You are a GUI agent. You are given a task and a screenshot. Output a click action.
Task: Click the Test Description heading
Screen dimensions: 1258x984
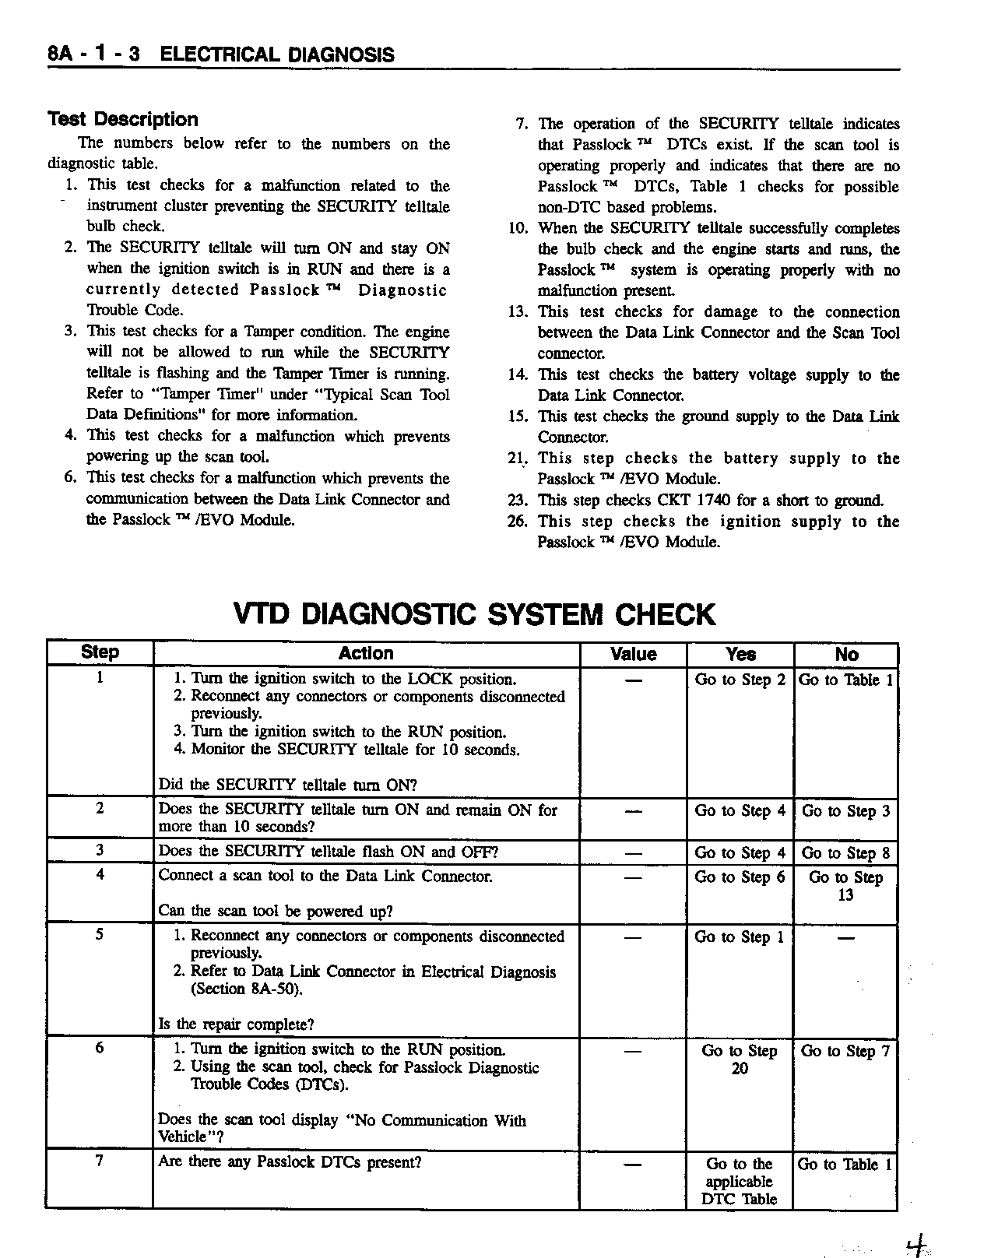[x=123, y=119]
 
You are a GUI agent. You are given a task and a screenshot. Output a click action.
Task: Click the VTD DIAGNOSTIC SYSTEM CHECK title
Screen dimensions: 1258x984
[x=473, y=614]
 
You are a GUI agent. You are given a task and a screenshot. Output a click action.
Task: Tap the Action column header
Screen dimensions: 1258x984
[x=366, y=654]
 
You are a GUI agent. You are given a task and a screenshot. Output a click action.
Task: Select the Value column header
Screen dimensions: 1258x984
[x=633, y=655]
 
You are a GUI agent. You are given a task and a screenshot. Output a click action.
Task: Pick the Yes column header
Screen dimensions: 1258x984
[x=740, y=655]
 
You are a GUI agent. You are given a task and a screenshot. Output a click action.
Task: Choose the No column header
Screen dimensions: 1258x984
[x=846, y=655]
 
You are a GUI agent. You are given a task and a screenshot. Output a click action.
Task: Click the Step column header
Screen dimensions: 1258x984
[x=100, y=652]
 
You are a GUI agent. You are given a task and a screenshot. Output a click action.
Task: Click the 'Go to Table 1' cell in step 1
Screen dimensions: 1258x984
[x=846, y=680]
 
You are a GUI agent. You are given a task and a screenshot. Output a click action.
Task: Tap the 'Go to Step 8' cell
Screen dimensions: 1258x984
[x=845, y=853]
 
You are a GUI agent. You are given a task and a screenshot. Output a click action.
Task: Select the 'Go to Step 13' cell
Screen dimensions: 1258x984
[x=845, y=886]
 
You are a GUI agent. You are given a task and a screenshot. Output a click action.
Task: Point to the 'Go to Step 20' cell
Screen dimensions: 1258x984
[x=740, y=1059]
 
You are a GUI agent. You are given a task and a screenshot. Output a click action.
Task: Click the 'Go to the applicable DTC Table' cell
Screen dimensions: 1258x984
[x=739, y=1182]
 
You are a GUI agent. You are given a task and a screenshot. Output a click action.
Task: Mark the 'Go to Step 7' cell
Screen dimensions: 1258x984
[x=845, y=1051]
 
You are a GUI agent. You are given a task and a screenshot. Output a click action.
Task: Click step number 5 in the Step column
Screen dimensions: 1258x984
[x=100, y=934]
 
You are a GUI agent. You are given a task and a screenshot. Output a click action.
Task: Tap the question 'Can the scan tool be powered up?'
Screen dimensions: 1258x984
[x=276, y=911]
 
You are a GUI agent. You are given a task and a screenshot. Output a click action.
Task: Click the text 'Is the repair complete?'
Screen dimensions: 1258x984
[x=236, y=1024]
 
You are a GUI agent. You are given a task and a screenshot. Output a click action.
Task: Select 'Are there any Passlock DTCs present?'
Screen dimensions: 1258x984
[x=290, y=1162]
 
